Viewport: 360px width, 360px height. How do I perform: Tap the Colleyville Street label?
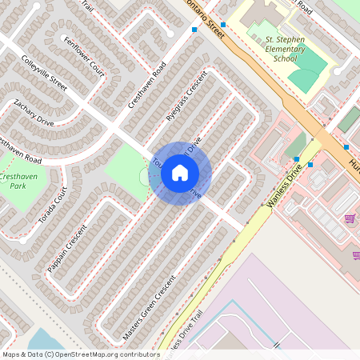(44, 70)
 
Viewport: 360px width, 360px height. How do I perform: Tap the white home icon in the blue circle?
(180, 174)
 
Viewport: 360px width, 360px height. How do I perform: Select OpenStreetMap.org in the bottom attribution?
(86, 354)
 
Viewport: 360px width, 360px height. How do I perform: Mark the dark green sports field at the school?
(304, 78)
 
